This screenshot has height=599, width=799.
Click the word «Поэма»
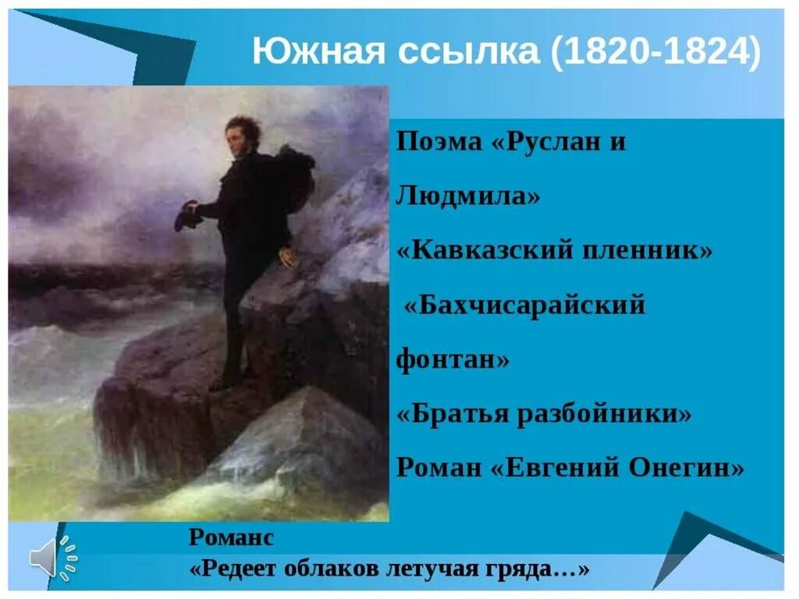tap(439, 144)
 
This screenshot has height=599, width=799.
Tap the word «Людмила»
tap(467, 196)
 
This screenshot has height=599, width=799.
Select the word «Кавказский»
tap(492, 251)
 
